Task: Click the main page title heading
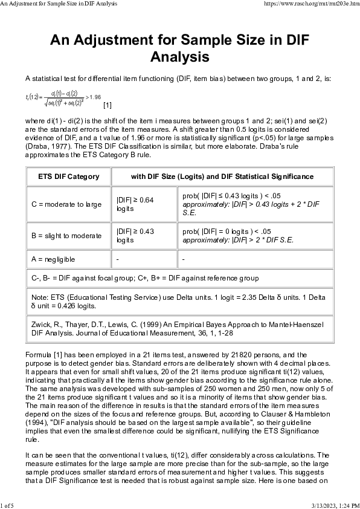179,48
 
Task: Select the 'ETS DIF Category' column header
68,177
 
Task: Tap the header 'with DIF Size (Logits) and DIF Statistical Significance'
222,177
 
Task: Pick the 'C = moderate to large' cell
66,204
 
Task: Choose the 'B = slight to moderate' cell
66,235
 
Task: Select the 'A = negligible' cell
54,259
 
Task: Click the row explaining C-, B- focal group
145,278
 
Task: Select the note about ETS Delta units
179,302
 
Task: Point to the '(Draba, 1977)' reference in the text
49,146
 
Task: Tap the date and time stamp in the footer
334,505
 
